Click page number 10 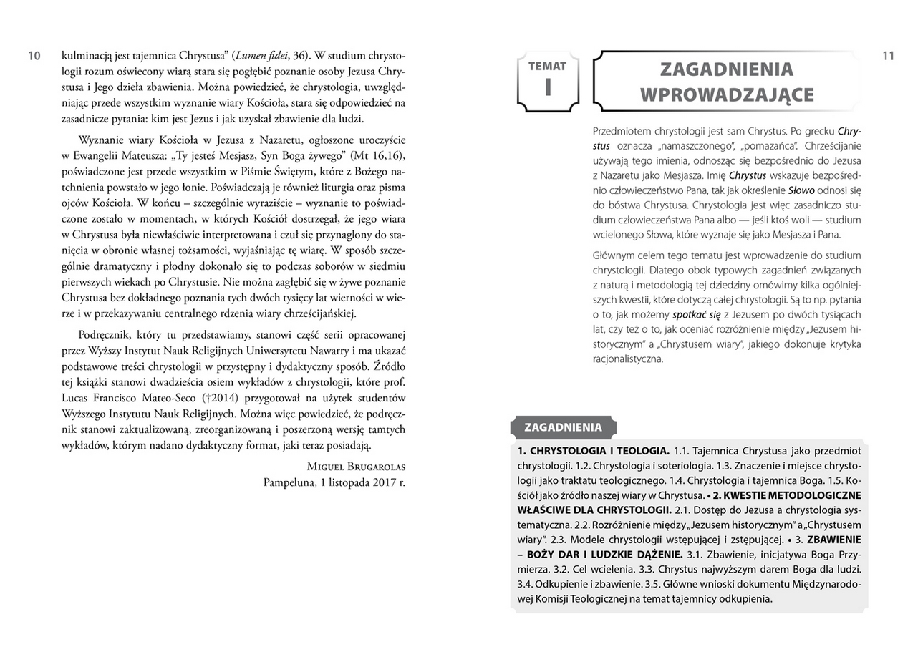click(x=34, y=56)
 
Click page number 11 click(x=888, y=56)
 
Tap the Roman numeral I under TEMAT click(x=548, y=87)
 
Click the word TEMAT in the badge click(x=548, y=67)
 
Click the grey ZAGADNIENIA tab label click(x=563, y=427)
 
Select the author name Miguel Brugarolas click(x=356, y=467)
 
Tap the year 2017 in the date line click(x=382, y=482)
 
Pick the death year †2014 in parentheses click(x=220, y=398)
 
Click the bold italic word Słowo click(x=801, y=190)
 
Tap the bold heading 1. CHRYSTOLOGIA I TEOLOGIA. click(x=593, y=451)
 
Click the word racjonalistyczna click(x=628, y=359)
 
